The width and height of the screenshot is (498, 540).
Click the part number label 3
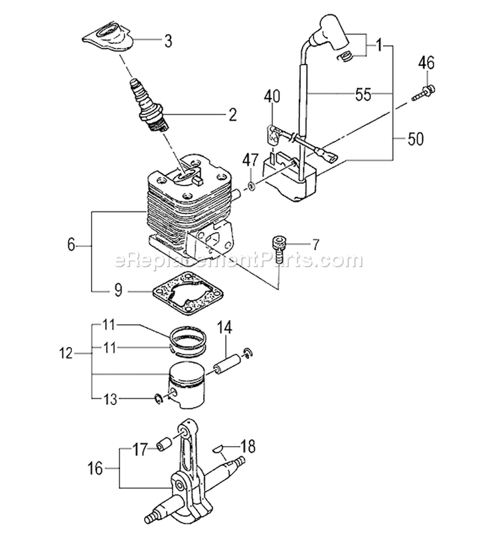pyautogui.click(x=168, y=42)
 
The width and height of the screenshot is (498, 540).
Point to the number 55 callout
pyautogui.click(x=363, y=94)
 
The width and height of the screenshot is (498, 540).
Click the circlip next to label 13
pyautogui.click(x=158, y=398)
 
